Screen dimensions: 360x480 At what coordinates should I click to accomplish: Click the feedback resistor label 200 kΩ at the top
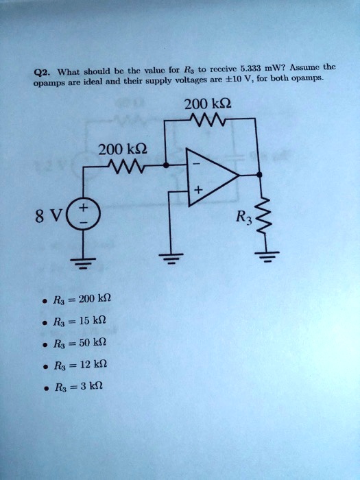click(x=208, y=104)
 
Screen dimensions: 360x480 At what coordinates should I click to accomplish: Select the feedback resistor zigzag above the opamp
click(x=208, y=119)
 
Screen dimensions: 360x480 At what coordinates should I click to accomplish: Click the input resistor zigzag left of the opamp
click(x=125, y=167)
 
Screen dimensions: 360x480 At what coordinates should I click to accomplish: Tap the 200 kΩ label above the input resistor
click(x=123, y=150)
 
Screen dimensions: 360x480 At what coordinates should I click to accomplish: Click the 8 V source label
click(x=49, y=216)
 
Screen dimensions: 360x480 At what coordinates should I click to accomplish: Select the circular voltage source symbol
click(x=83, y=214)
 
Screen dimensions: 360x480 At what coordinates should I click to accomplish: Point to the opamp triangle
click(x=211, y=177)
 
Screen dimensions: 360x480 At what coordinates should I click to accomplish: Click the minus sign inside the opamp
click(x=197, y=165)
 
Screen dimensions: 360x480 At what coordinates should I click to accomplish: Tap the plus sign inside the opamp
click(x=198, y=191)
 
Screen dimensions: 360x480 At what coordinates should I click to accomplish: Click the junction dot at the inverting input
click(x=166, y=165)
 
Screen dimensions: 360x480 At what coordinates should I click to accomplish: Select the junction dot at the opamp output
click(x=259, y=175)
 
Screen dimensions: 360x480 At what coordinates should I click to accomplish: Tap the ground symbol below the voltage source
click(x=83, y=263)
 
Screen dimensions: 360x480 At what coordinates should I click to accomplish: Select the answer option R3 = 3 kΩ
click(x=73, y=387)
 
